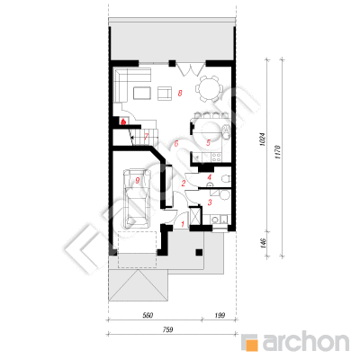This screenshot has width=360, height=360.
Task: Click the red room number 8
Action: [x=180, y=94]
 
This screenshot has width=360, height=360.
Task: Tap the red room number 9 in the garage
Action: [x=138, y=180]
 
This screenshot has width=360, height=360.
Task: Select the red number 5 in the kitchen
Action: [x=208, y=143]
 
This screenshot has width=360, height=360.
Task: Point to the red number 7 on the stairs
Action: [x=146, y=137]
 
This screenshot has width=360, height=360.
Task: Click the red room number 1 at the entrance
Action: [x=182, y=223]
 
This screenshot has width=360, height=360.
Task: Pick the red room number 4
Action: [x=210, y=177]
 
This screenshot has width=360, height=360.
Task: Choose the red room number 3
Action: [x=210, y=202]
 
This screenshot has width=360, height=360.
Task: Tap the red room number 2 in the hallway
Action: [x=183, y=183]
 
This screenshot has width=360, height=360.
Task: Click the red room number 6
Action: [x=176, y=143]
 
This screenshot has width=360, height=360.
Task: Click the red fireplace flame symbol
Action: [x=123, y=121]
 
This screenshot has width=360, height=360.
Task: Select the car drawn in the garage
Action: [x=138, y=198]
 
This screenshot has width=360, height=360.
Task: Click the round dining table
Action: [x=210, y=88]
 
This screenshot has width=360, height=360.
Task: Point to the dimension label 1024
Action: [x=262, y=139]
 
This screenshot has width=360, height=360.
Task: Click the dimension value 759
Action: [x=167, y=329]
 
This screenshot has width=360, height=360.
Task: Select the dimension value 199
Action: [x=220, y=315]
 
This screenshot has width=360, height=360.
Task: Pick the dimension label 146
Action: [x=263, y=243]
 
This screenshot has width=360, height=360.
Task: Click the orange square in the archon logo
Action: [x=251, y=343]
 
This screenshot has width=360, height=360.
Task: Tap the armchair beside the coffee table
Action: [x=165, y=93]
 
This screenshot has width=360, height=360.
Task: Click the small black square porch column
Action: [x=199, y=252]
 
